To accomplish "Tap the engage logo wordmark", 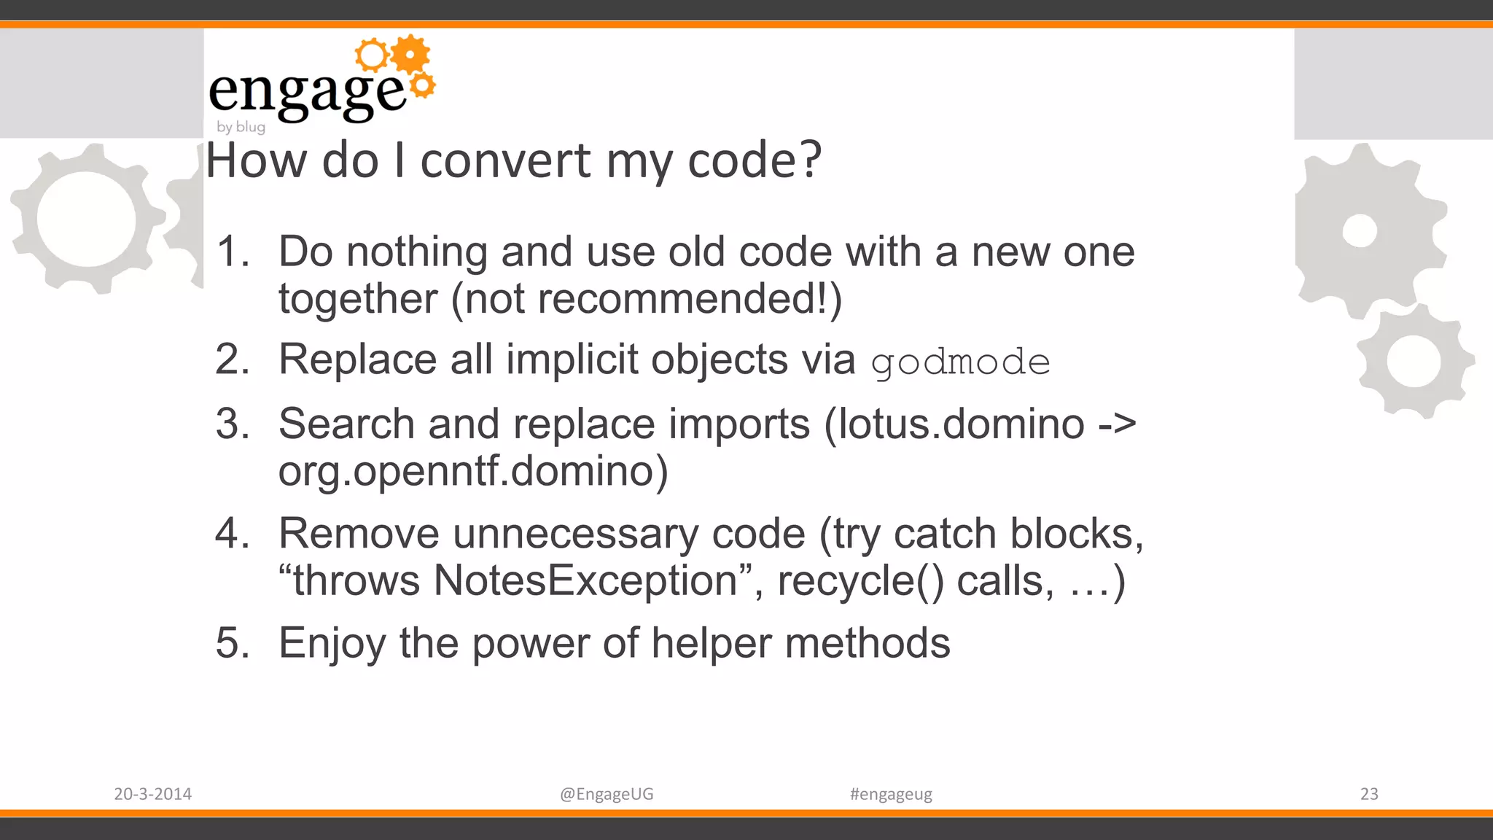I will point(306,93).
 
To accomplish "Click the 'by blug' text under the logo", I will point(241,127).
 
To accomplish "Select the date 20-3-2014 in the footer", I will point(152,794).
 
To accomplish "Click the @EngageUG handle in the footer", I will point(607,794).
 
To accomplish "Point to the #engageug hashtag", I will point(891,794).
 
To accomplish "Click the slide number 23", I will point(1369,794).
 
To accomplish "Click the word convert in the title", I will point(505,160).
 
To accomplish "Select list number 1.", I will point(233,252).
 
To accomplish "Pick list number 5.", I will point(233,643).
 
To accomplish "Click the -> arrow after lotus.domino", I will point(1117,424).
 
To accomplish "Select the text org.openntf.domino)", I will point(473,471).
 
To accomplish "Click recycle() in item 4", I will point(860,581).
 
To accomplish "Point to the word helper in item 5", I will point(711,643).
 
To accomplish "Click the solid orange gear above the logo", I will point(410,54).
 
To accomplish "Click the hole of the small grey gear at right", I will point(1414,361).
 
